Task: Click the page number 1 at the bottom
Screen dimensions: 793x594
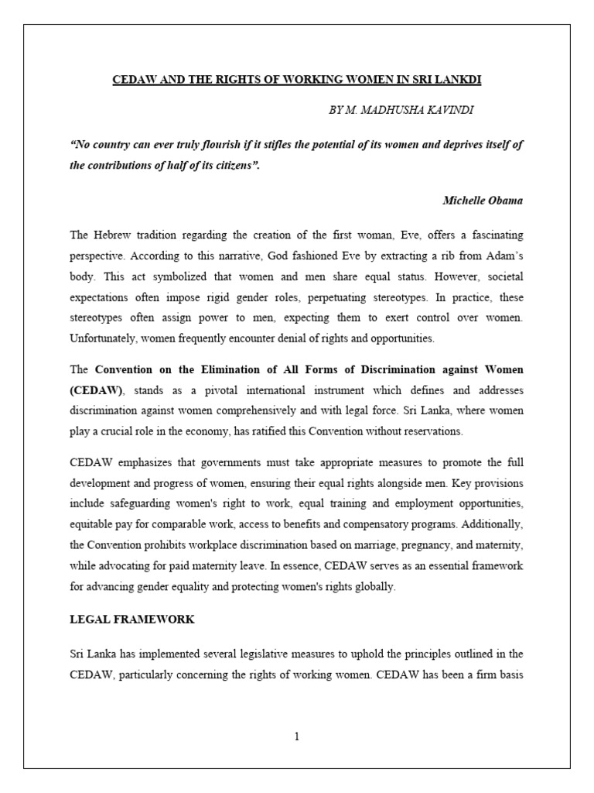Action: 296,736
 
